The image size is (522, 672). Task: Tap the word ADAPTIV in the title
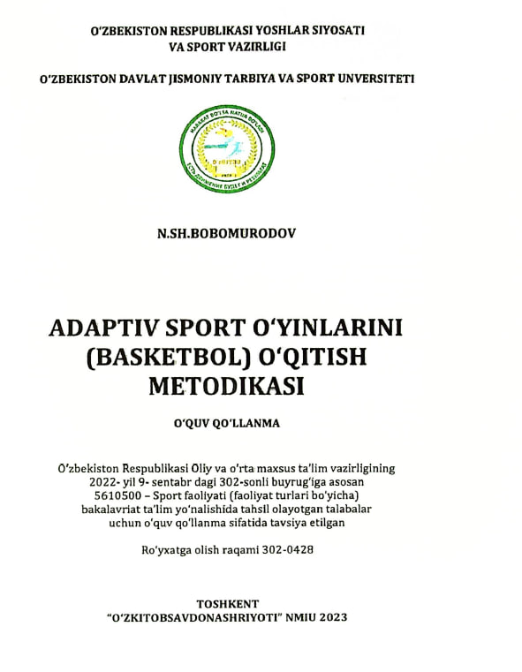point(95,328)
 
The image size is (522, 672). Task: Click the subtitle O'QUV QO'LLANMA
point(227,423)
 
